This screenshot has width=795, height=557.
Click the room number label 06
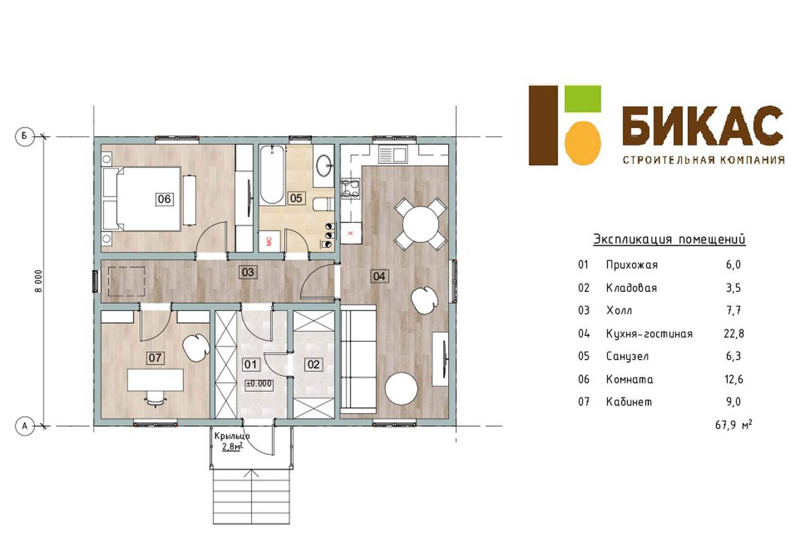point(164,199)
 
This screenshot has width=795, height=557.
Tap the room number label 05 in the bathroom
point(296,198)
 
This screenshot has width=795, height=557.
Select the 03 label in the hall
point(248,272)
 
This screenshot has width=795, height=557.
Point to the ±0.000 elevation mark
point(259,384)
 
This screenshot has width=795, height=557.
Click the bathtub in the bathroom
point(272,175)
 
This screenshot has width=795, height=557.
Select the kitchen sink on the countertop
point(392,154)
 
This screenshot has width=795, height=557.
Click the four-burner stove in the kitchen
point(350,189)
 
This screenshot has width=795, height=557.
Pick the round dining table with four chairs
point(420,224)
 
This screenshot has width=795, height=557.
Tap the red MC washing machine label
point(269,241)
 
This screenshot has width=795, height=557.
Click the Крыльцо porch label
point(232,435)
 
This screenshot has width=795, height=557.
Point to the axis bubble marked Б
point(24,136)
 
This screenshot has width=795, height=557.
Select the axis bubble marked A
point(24,425)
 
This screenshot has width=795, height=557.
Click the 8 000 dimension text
point(38,281)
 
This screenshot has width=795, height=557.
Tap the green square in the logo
point(583,98)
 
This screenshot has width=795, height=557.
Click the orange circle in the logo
point(583,143)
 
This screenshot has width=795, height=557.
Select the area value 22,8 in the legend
point(734,334)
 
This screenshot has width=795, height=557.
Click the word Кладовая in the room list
point(631,288)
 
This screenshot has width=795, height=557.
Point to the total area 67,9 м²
point(734,425)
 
